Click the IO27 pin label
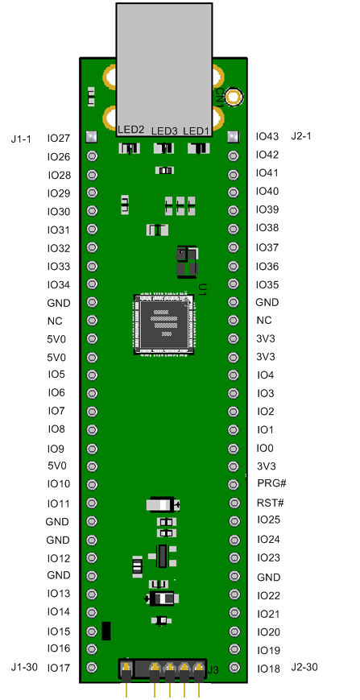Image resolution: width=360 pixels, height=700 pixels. pyautogui.click(x=59, y=139)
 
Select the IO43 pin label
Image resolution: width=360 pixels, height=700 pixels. pyautogui.click(x=267, y=136)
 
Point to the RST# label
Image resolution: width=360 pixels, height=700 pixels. pyautogui.click(x=270, y=503)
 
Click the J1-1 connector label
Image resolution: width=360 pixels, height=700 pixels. pyautogui.click(x=22, y=139)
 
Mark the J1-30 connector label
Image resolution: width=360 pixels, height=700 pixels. pyautogui.click(x=24, y=667)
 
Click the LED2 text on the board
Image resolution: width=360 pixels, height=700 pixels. pyautogui.click(x=131, y=130)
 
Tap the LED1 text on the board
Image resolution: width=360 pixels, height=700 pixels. pyautogui.click(x=196, y=130)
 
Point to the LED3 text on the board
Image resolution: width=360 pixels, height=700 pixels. pyautogui.click(x=164, y=131)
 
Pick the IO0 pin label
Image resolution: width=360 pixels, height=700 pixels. pyautogui.click(x=265, y=447)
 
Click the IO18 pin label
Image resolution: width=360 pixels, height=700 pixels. pyautogui.click(x=268, y=669)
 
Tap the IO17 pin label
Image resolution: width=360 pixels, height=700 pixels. pyautogui.click(x=59, y=667)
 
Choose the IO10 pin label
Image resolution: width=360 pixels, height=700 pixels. pyautogui.click(x=59, y=484)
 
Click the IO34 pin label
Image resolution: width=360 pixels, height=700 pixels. pyautogui.click(x=59, y=284)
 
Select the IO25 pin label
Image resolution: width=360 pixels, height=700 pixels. pyautogui.click(x=268, y=520)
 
